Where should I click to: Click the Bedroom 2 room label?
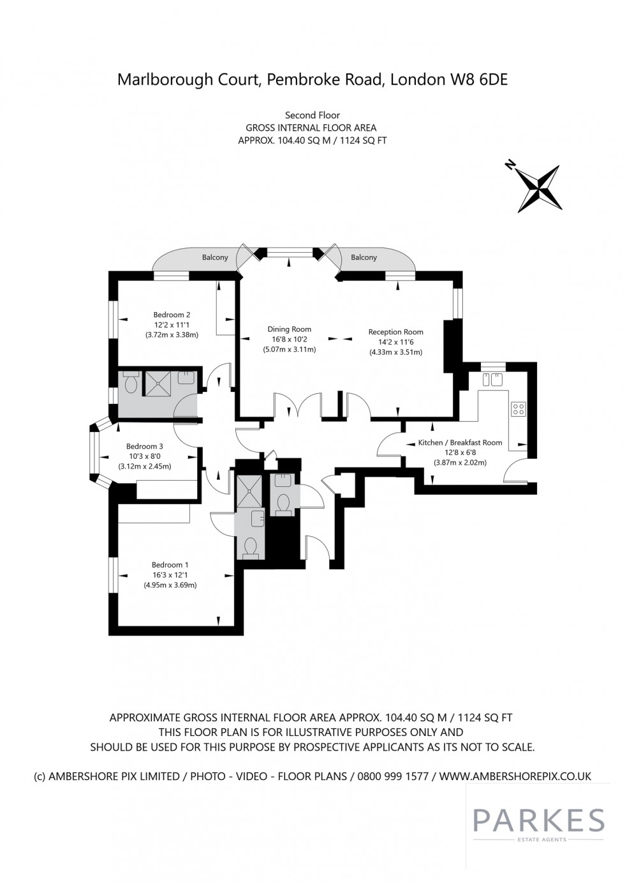[x=172, y=315]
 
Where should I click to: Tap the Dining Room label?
[x=290, y=329]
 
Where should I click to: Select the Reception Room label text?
[x=395, y=332]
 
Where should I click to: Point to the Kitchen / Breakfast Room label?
[x=460, y=443]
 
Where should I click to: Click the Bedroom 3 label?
[x=144, y=446]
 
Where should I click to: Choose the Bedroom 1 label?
[x=170, y=565]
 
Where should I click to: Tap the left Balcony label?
[x=215, y=258]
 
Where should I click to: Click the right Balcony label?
[x=364, y=258]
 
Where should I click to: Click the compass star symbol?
[x=540, y=188]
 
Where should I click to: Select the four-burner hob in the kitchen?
[x=518, y=409]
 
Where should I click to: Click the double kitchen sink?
[x=491, y=379]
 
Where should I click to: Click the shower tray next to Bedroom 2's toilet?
[x=158, y=383]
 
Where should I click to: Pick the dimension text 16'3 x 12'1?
[x=170, y=575]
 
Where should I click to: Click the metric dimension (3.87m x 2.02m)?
[x=460, y=463]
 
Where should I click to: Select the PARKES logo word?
[x=539, y=820]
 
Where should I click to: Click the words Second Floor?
[x=312, y=116]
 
